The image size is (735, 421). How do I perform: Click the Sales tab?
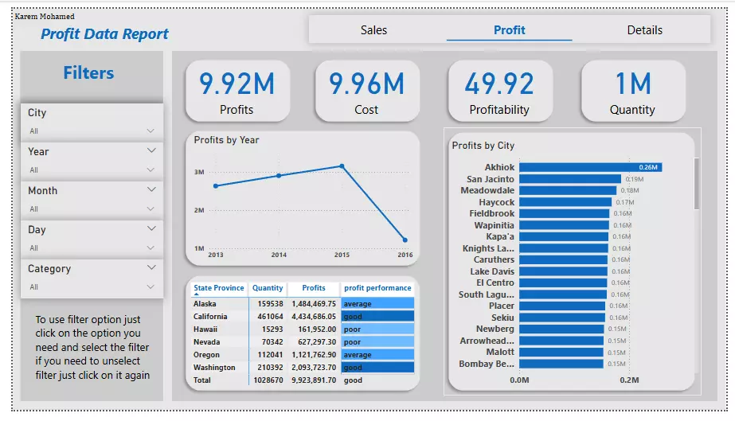(x=373, y=30)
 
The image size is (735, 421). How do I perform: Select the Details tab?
(x=644, y=30)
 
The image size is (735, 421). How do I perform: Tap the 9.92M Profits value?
(x=237, y=84)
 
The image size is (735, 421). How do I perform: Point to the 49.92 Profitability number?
(x=499, y=84)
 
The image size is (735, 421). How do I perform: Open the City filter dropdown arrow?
(x=151, y=131)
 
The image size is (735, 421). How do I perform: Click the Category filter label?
(x=49, y=269)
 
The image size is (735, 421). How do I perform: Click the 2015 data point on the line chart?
(x=342, y=166)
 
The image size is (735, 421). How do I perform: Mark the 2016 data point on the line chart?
(x=405, y=240)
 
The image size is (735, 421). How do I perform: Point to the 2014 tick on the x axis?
(x=279, y=255)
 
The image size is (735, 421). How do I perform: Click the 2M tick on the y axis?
(x=199, y=210)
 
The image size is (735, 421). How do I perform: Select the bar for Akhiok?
(x=590, y=168)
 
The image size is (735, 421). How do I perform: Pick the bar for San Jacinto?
(x=570, y=179)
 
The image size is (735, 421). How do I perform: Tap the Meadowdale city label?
(x=487, y=191)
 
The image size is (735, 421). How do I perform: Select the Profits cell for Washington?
(x=314, y=368)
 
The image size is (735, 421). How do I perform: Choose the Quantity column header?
(x=268, y=288)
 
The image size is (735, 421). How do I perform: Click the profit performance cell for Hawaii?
(x=377, y=329)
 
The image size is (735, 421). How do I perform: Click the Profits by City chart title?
(x=483, y=146)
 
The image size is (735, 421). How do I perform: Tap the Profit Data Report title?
(x=104, y=34)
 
